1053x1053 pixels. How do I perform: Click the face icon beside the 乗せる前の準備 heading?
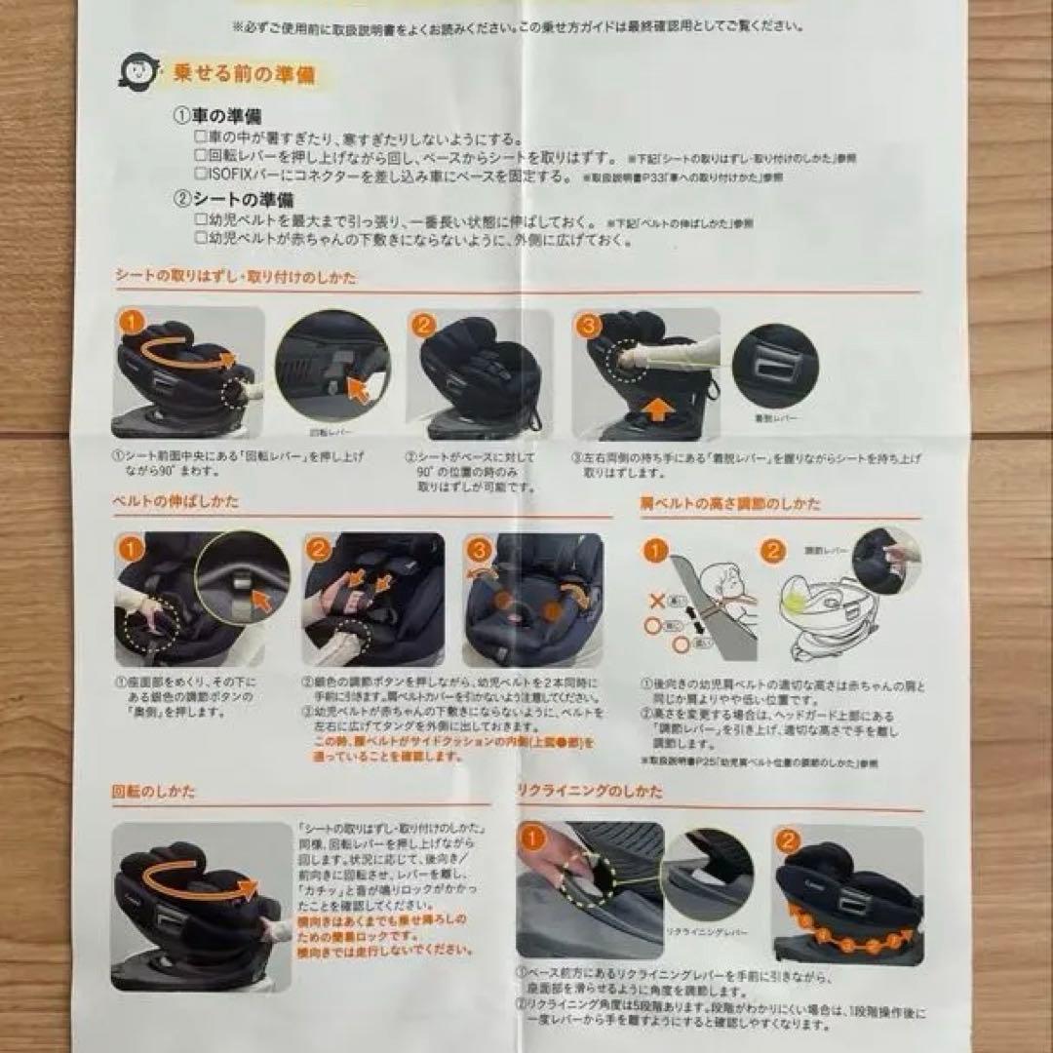[137, 71]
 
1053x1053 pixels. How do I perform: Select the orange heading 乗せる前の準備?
[244, 74]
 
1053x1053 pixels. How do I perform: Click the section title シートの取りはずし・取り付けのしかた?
[236, 277]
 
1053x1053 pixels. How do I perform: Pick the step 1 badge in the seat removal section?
[132, 321]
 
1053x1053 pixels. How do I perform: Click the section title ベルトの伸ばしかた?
[176, 501]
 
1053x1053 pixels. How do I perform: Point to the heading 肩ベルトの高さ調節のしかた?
[730, 504]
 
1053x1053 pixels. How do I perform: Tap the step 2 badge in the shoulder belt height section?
[773, 551]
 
